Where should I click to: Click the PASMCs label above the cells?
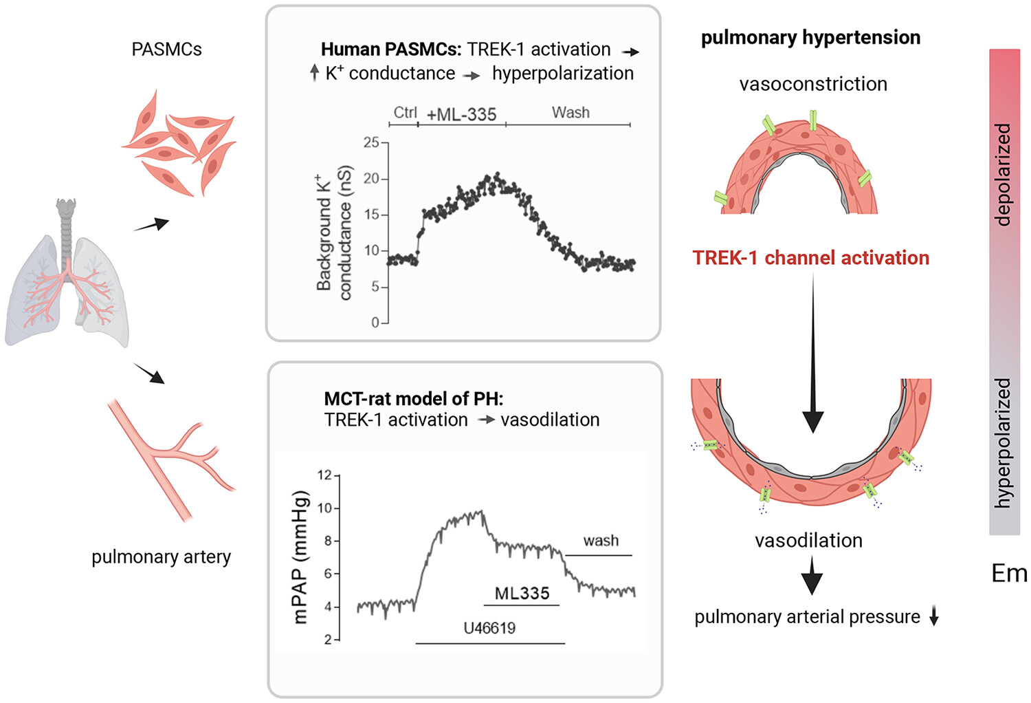166,50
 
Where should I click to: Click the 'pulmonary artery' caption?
161,556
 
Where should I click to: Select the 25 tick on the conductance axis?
371,142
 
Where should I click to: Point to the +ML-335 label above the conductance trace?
461,114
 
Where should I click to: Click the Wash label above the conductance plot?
570,112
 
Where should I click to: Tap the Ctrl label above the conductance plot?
405,112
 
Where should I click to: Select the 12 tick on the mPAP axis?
324,475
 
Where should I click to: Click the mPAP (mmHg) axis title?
300,557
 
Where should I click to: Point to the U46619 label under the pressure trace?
489,627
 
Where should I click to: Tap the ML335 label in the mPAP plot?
522,593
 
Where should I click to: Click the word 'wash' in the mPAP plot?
601,541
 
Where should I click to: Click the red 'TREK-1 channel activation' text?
810,258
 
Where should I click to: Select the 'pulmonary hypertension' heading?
810,37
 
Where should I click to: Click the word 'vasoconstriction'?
813,84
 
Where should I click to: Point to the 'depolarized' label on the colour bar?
1004,175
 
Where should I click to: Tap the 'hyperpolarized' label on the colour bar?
1004,443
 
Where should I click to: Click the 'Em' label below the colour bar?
1008,573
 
